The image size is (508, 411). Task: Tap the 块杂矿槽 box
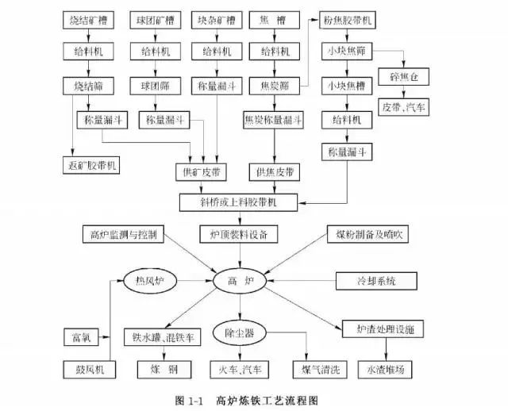click(x=216, y=18)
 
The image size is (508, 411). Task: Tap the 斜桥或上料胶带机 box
click(x=238, y=202)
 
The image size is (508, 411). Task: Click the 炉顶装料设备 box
click(x=238, y=234)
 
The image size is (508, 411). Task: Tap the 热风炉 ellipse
click(x=148, y=281)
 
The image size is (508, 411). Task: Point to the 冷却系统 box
click(x=375, y=281)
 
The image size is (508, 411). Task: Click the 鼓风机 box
click(x=88, y=369)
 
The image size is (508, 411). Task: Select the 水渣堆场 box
click(x=386, y=369)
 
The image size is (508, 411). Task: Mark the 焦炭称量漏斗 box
click(x=274, y=121)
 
